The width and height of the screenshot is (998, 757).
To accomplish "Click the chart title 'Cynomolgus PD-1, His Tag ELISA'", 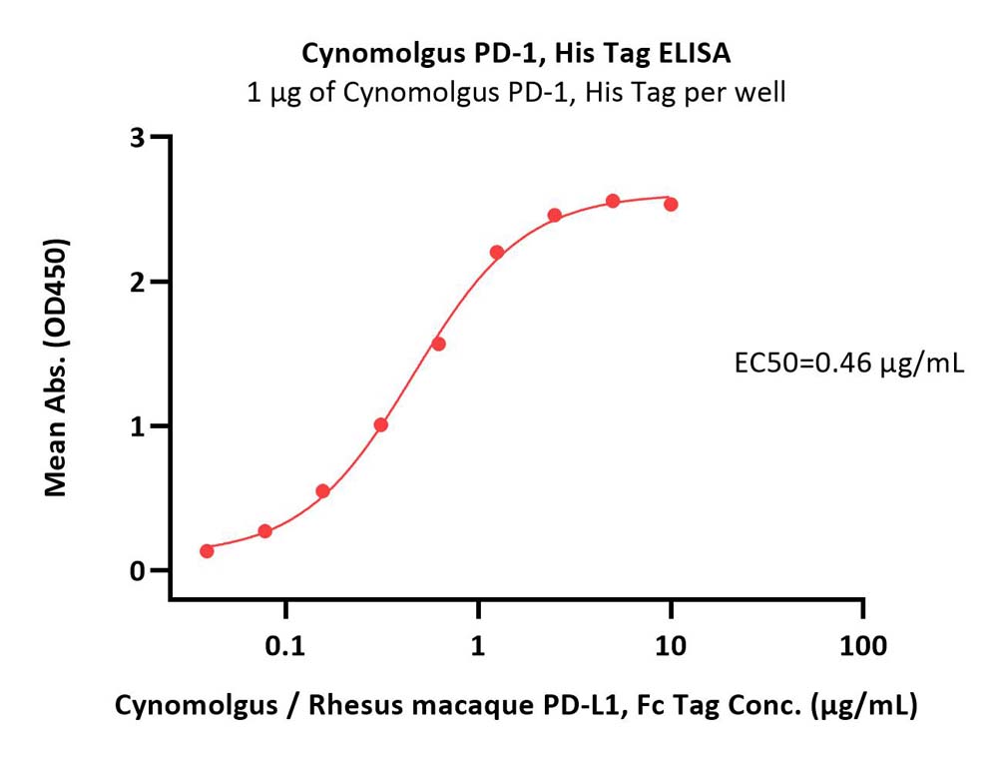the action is pos(516,54).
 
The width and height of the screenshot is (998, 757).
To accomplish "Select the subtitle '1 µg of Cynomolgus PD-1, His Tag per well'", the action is pos(516,93).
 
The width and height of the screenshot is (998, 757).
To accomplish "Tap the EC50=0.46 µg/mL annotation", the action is pos(849,364).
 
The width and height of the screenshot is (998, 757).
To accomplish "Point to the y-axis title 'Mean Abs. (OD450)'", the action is pos(56,368).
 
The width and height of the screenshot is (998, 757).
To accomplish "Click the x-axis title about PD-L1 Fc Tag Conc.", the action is pos(516,706).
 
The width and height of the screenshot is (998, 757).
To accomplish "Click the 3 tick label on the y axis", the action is pos(138,138).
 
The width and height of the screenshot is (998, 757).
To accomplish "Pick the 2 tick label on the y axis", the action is pos(138,282).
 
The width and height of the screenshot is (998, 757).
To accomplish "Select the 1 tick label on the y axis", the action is pos(138,426).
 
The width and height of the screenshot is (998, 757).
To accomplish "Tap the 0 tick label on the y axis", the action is pos(138,571).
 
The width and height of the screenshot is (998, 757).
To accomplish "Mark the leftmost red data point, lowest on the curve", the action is pos(207,550).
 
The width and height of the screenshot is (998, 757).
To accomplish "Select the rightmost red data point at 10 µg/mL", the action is pos(671,205).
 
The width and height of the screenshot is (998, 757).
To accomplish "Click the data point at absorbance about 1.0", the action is pos(381,424).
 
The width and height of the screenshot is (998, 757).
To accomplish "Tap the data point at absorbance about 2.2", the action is pos(497,252).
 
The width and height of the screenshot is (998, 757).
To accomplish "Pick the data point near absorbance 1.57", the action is pos(438,344).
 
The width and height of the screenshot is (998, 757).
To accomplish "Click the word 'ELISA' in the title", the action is pos(695,54).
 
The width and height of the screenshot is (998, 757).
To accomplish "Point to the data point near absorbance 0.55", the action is pos(322,491).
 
